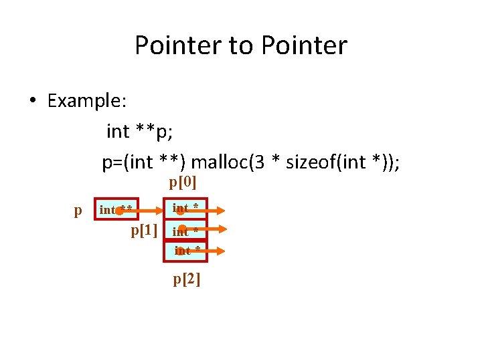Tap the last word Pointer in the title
tap(305, 45)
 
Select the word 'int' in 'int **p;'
tap(118, 132)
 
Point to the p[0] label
tap(183, 182)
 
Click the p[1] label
tap(144, 231)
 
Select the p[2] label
tap(187, 279)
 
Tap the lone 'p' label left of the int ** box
tap(78, 211)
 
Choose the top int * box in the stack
tap(185, 209)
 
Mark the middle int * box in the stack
tap(185, 230)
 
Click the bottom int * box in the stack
tap(185, 251)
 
